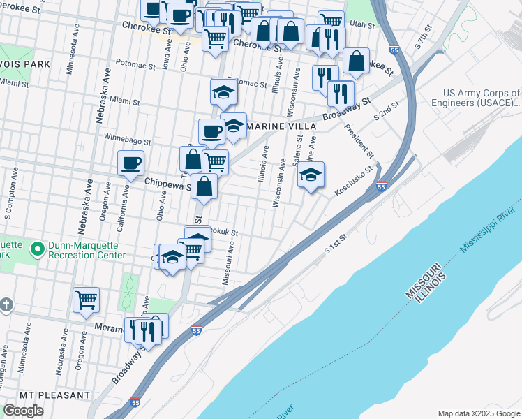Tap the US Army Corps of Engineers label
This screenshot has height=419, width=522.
click(x=482, y=98)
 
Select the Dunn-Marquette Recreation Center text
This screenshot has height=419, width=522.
click(x=87, y=250)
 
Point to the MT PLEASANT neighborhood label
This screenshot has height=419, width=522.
click(x=54, y=395)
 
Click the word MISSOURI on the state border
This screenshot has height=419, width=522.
click(x=423, y=283)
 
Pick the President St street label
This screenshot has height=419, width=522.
click(x=359, y=142)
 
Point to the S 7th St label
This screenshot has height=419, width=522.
click(x=424, y=36)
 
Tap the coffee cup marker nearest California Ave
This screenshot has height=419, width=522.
click(x=130, y=163)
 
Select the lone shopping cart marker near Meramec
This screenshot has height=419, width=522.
click(x=86, y=300)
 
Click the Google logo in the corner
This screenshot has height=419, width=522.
click(x=23, y=410)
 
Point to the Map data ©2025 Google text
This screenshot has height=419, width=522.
click(x=478, y=413)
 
